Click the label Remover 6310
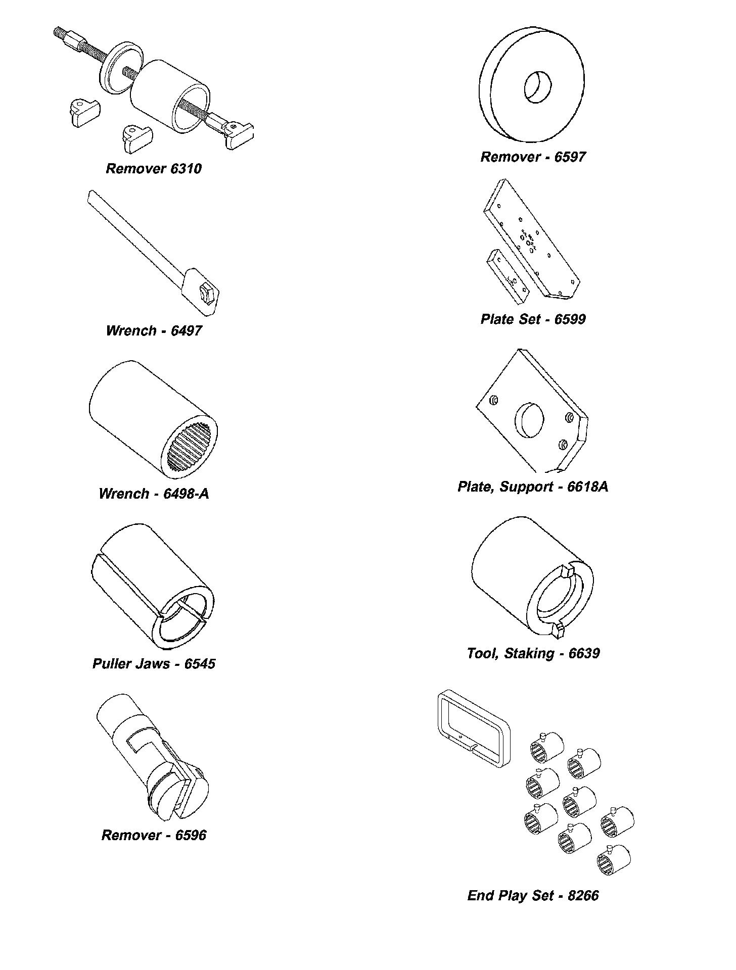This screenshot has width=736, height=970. click(x=153, y=169)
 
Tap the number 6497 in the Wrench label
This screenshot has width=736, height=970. click(x=186, y=331)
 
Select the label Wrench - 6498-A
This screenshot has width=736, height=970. click(x=154, y=494)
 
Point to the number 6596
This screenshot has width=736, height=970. click(x=191, y=835)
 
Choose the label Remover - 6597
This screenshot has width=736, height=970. click(x=533, y=157)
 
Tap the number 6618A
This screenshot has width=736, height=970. click(x=588, y=487)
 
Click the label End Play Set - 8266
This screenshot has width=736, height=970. click(x=533, y=896)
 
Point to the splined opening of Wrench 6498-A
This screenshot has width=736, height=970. click(x=192, y=446)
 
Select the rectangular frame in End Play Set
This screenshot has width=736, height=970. click(x=473, y=727)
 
